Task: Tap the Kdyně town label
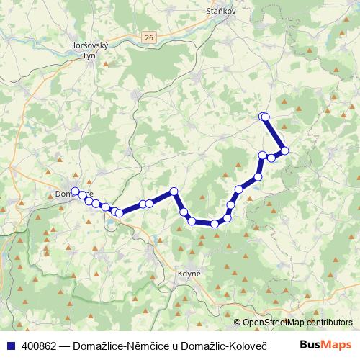[x=187, y=274]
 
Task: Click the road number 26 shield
[x=148, y=36]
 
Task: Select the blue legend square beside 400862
[x=10, y=346]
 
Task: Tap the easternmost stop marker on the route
[x=285, y=150]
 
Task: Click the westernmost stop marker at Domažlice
[x=75, y=190]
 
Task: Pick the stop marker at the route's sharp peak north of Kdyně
[x=174, y=191]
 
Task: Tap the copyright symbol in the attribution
[x=238, y=323]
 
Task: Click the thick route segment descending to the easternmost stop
[x=275, y=134]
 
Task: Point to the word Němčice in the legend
[x=143, y=346]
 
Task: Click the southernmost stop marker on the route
[x=214, y=224]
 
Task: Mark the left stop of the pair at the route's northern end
[x=262, y=116]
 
